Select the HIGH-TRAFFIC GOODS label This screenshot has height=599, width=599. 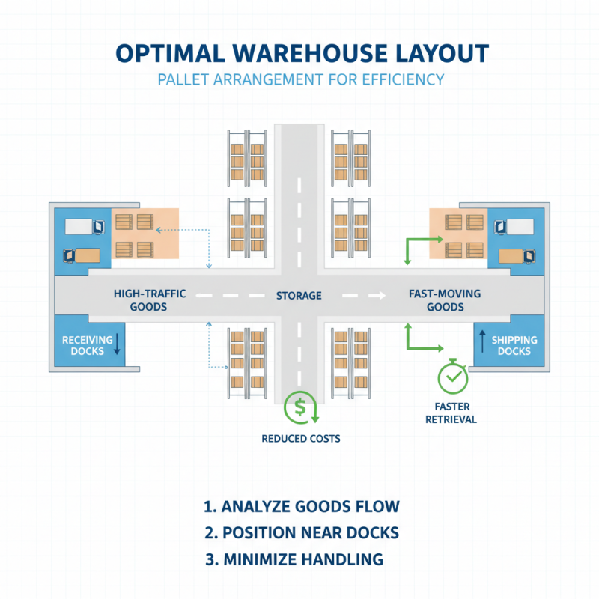click(150, 301)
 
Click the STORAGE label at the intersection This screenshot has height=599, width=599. click(299, 296)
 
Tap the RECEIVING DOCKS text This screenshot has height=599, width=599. click(87, 345)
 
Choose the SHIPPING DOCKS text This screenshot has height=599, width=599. click(514, 345)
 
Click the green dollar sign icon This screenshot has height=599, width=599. click(300, 409)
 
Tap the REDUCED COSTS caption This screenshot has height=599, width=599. click(300, 438)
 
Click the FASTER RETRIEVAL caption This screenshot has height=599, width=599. click(451, 413)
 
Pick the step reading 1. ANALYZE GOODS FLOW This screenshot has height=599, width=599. click(301, 506)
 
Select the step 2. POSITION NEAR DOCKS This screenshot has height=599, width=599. click(301, 533)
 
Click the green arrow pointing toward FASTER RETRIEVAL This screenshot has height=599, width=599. click(419, 341)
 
